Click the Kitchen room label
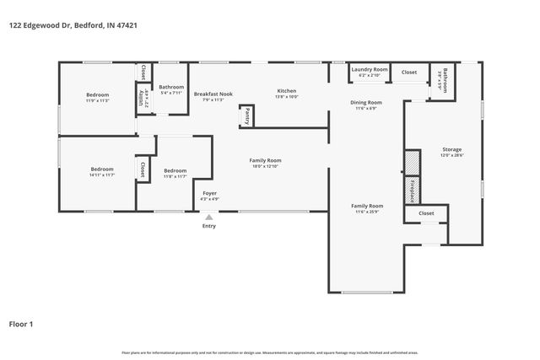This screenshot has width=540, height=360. [x=287, y=91]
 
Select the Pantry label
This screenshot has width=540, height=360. [x=246, y=116]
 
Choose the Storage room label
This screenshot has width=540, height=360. [x=452, y=149]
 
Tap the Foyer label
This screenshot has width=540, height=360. [x=208, y=193]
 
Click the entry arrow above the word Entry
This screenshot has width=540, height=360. [x=208, y=217]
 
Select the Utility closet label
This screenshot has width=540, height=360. [x=141, y=97]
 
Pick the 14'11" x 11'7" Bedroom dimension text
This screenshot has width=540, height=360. [x=101, y=175]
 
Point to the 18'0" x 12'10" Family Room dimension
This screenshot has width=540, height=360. [x=264, y=166]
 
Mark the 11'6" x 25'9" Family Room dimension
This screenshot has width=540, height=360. [x=367, y=212]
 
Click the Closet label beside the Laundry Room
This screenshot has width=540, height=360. [x=408, y=73]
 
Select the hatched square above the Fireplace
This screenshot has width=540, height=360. [x=412, y=162]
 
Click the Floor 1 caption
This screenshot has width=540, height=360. [x=22, y=324]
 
